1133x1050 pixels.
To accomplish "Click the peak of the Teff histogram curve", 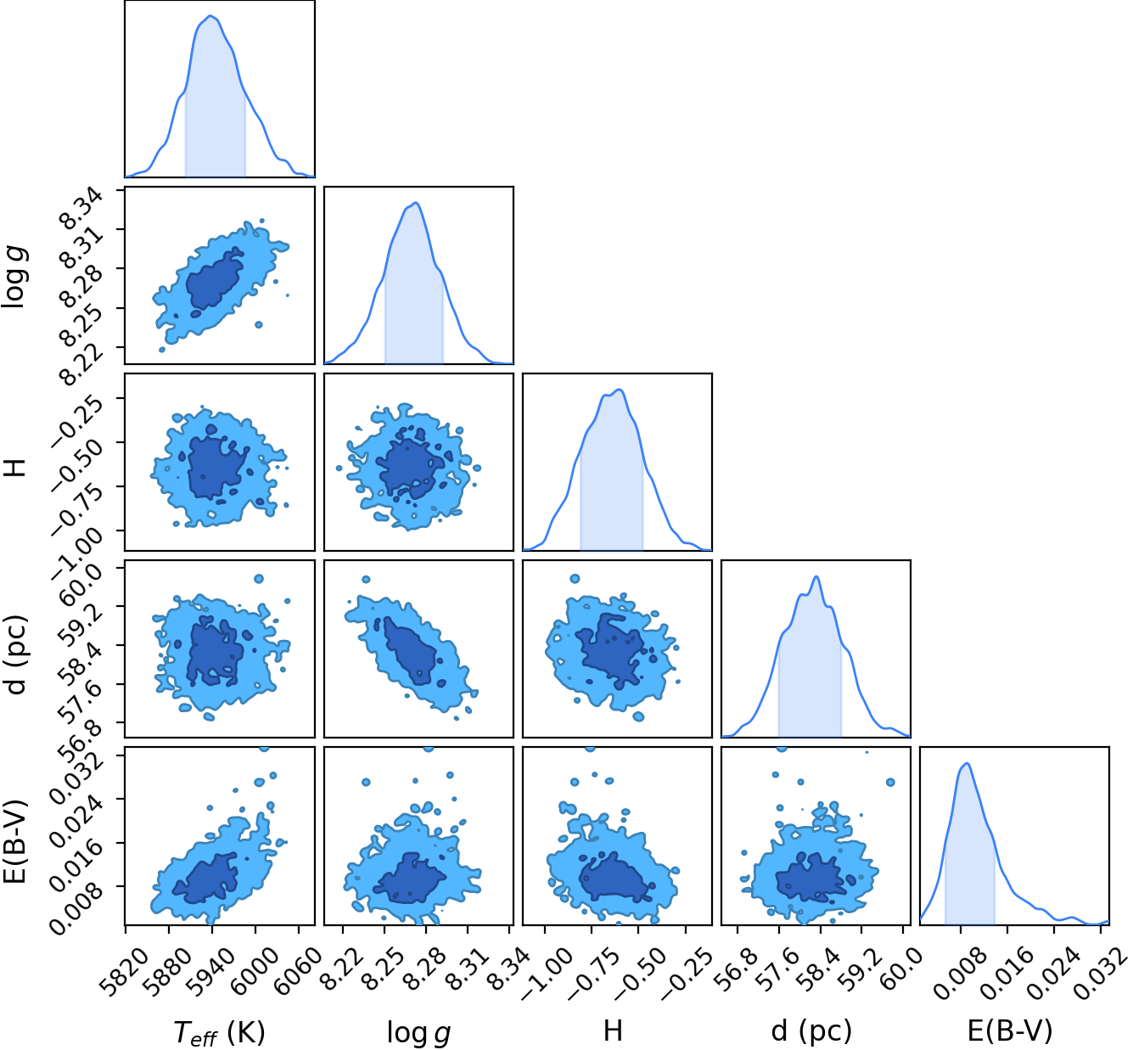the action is pyautogui.click(x=210, y=15).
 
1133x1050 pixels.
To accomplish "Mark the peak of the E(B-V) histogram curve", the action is pyautogui.click(x=968, y=763).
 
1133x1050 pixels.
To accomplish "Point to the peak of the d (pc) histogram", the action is pyautogui.click(x=816, y=576).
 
